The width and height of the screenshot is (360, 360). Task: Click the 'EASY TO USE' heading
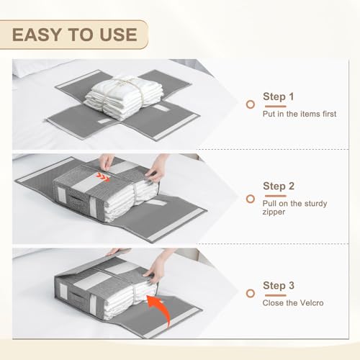[x=75, y=35]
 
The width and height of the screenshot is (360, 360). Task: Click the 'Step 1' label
[x=279, y=96]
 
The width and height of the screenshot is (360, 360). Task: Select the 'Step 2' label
[x=279, y=186]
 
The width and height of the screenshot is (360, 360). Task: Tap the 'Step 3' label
[x=279, y=286]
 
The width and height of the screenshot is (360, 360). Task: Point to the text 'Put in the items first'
[x=300, y=114]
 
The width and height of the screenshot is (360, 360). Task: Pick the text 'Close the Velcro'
[x=293, y=303]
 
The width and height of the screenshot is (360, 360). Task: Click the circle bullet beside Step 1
[x=251, y=104]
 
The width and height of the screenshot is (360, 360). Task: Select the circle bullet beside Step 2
[x=251, y=199]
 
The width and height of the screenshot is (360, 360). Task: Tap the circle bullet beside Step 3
[x=251, y=294]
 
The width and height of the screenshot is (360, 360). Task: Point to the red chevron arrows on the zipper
[x=103, y=177]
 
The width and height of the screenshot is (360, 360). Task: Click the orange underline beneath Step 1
[x=276, y=107]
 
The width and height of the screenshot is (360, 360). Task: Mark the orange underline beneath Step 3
[x=276, y=295]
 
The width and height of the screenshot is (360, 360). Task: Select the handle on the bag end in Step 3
[x=77, y=296]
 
